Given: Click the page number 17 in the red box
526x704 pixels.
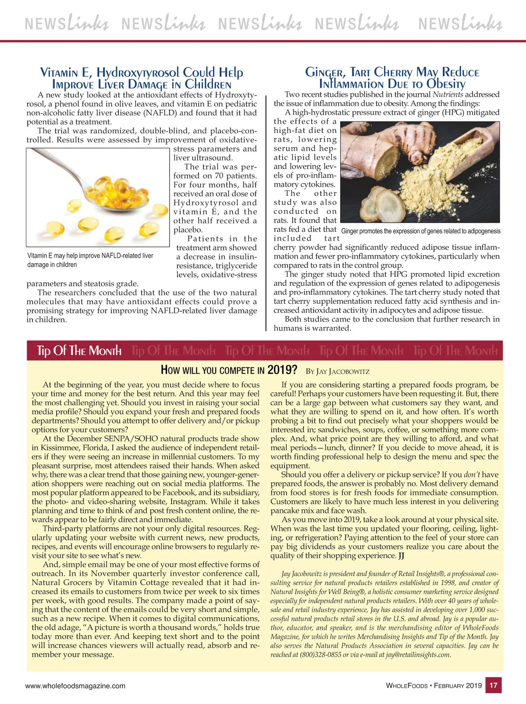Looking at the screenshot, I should pos(494,685).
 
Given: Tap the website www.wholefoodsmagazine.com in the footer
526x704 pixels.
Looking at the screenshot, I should pos(75,686).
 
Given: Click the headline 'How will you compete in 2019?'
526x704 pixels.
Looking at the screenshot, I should pos(229,370).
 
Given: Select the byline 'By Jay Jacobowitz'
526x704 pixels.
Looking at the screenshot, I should pos(338,371).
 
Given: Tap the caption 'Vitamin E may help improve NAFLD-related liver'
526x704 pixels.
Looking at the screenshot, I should pos(90,256).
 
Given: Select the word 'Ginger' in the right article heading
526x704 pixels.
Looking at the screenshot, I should pos(324,72).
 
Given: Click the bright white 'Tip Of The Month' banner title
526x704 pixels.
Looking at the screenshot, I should pos(79,351).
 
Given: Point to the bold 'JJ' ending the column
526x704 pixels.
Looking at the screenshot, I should pos(402,556).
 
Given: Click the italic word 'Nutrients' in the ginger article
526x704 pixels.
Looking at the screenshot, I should pos(448,94).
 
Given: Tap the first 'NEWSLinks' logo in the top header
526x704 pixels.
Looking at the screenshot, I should pos(67,23).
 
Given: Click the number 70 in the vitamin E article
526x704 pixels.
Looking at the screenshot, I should pos(219,176).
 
